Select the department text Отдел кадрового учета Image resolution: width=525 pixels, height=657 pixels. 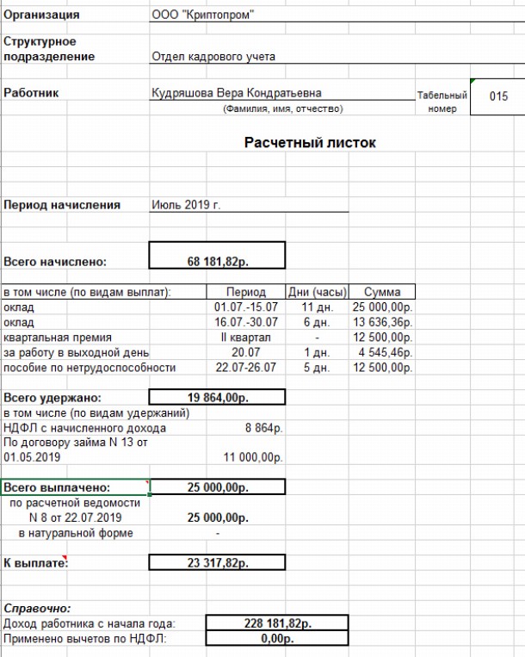(x=213, y=57)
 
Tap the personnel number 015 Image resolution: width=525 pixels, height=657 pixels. (x=499, y=96)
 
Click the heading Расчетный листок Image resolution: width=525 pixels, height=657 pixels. (x=310, y=143)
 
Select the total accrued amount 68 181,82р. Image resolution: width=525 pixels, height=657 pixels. (x=217, y=257)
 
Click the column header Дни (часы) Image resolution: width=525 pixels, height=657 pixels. (x=317, y=292)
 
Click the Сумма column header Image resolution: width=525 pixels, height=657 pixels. (x=382, y=292)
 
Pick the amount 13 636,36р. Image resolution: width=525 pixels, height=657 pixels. (x=382, y=322)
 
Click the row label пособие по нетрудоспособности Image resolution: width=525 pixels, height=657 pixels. (x=90, y=368)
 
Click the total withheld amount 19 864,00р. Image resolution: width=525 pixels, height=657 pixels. (x=217, y=397)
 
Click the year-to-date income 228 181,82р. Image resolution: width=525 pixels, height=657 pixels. (x=276, y=623)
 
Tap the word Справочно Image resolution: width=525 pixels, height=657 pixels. (x=38, y=608)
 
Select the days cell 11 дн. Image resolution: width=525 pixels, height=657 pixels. (x=317, y=307)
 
